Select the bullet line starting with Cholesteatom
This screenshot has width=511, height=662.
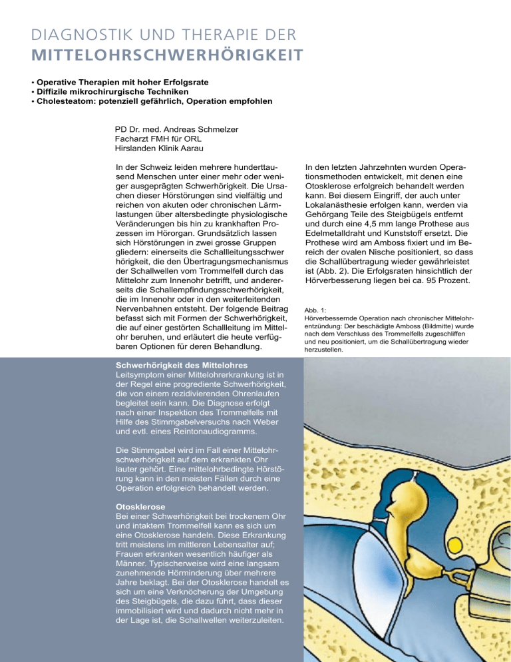(155, 101)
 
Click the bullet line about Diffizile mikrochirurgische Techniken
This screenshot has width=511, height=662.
(126, 91)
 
